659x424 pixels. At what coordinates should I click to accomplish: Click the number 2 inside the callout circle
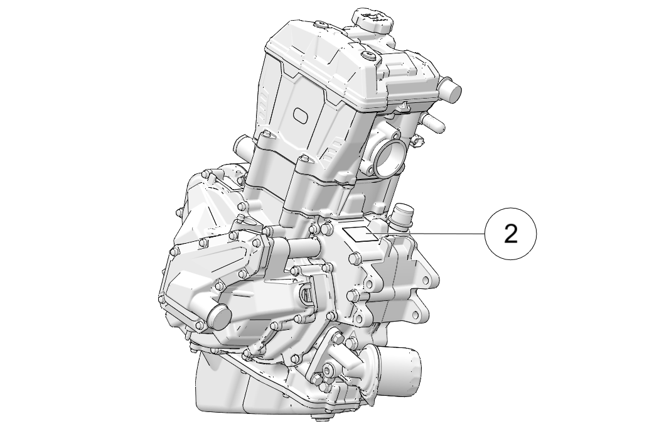pos(510,234)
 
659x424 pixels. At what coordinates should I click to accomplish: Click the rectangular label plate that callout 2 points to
pos(362,234)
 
